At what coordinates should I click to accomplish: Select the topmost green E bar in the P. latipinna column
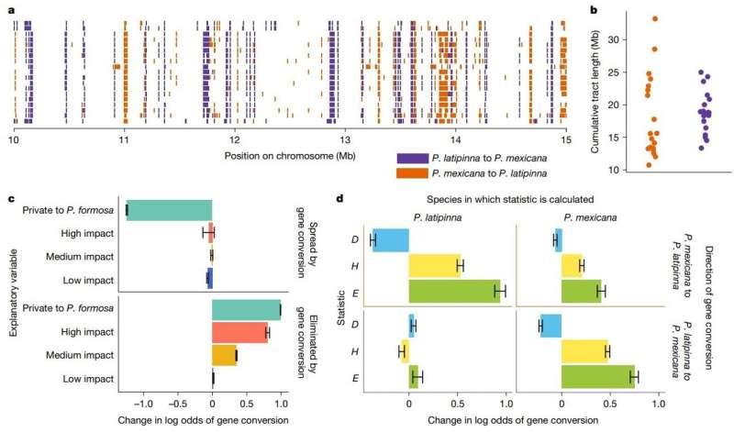point(454,291)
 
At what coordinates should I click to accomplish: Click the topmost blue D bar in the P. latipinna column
point(390,240)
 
